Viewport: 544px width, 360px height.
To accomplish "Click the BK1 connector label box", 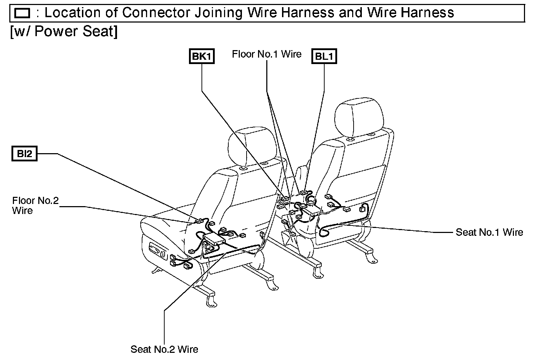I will (201, 57).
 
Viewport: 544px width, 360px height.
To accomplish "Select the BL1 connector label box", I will (325, 57).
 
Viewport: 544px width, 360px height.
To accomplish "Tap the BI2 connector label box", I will (24, 154).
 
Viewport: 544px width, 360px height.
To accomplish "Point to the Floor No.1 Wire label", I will (267, 54).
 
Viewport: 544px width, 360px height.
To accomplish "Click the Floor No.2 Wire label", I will (35, 205).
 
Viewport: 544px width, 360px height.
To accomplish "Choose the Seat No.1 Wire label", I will (489, 232).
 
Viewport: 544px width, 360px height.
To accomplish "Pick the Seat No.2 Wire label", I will (164, 349).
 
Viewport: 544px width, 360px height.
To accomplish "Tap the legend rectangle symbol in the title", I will (22, 14).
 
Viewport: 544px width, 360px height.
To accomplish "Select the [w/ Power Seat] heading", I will (64, 31).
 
